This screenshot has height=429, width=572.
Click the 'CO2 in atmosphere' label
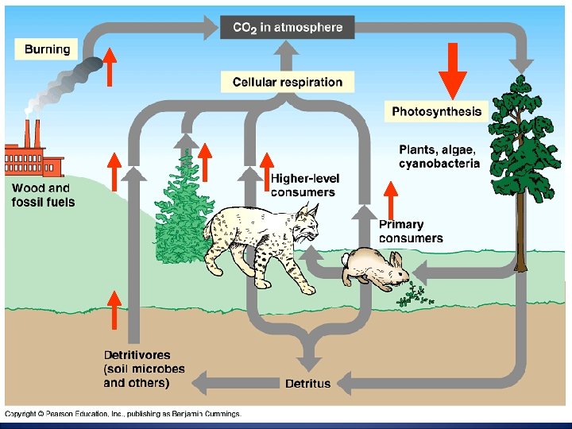pyautogui.click(x=287, y=28)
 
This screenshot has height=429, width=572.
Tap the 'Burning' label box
pyautogui.click(x=47, y=49)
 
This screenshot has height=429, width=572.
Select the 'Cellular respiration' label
pyautogui.click(x=287, y=82)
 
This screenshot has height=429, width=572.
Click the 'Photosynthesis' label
pyautogui.click(x=436, y=111)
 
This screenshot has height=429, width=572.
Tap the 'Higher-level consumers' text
pyautogui.click(x=303, y=185)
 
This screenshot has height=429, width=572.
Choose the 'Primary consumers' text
pyautogui.click(x=411, y=231)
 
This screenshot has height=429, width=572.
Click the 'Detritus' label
pyautogui.click(x=307, y=384)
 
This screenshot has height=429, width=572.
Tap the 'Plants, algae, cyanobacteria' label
pyautogui.click(x=439, y=157)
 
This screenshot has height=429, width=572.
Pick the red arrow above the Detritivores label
pyautogui.click(x=114, y=310)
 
